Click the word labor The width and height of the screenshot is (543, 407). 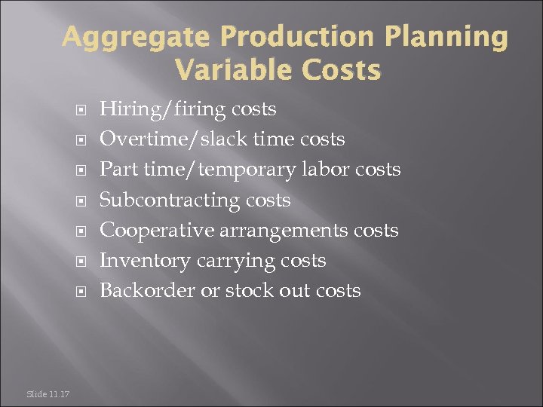(328, 170)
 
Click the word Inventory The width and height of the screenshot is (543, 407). (145, 261)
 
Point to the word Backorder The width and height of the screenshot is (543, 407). (147, 291)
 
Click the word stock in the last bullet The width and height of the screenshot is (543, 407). (250, 291)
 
